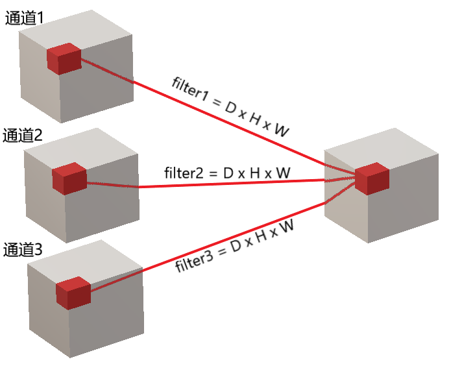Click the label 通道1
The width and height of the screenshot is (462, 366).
click(24, 19)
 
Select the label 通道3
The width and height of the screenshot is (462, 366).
click(23, 249)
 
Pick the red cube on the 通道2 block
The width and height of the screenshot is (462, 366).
click(69, 178)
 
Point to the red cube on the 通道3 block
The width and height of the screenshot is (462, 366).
click(73, 293)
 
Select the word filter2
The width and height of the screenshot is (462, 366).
click(185, 173)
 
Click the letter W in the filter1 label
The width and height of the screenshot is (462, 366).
click(281, 131)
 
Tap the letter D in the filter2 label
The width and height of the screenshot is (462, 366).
click(228, 173)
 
